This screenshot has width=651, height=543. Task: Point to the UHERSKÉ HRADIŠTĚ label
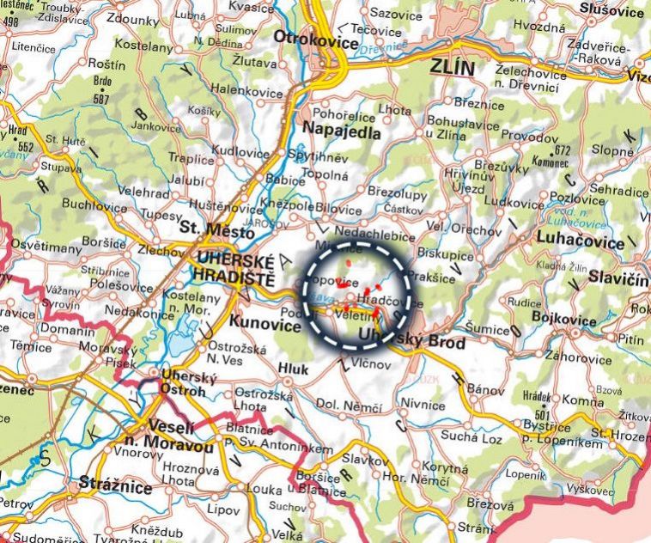234,270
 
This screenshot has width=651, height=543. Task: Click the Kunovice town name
261,322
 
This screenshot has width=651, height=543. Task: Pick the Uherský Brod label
412,341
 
